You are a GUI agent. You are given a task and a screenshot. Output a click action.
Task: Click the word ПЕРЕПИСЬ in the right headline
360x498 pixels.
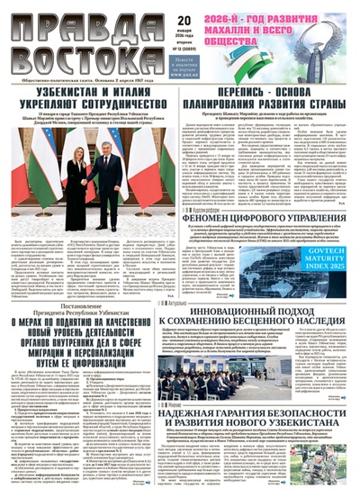239,91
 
